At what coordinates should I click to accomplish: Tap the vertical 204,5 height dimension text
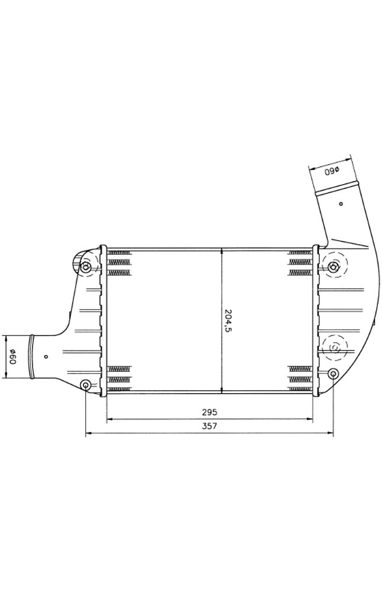(x=228, y=320)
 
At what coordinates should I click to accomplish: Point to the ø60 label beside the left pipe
(x=12, y=357)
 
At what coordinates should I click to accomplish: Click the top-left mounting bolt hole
(x=86, y=268)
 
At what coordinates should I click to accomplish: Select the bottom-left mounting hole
(x=86, y=385)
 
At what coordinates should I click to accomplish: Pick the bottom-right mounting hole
(x=334, y=374)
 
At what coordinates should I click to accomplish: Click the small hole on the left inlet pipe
(x=47, y=356)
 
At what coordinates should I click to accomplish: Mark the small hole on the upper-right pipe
(x=341, y=204)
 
